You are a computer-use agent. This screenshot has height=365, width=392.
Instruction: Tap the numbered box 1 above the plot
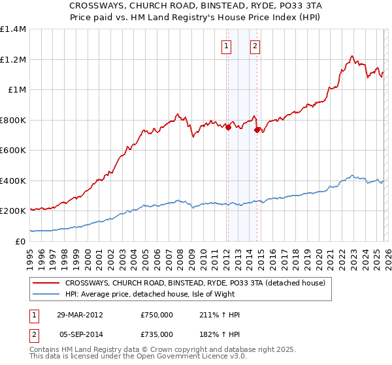pos(226,46)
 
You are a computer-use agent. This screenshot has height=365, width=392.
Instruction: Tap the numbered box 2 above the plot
pos(254,46)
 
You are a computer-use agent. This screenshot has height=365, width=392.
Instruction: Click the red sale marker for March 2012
pos(228,128)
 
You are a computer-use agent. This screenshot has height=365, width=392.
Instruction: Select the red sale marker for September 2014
pos(257,130)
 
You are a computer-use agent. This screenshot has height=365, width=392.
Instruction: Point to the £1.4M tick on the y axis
pos(13,29)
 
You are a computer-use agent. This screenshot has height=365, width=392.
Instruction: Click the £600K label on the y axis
pos(13,151)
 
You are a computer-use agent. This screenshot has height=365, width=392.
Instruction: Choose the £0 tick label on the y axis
pos(20,241)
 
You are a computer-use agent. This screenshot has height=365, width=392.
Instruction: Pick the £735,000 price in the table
pos(157,334)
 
